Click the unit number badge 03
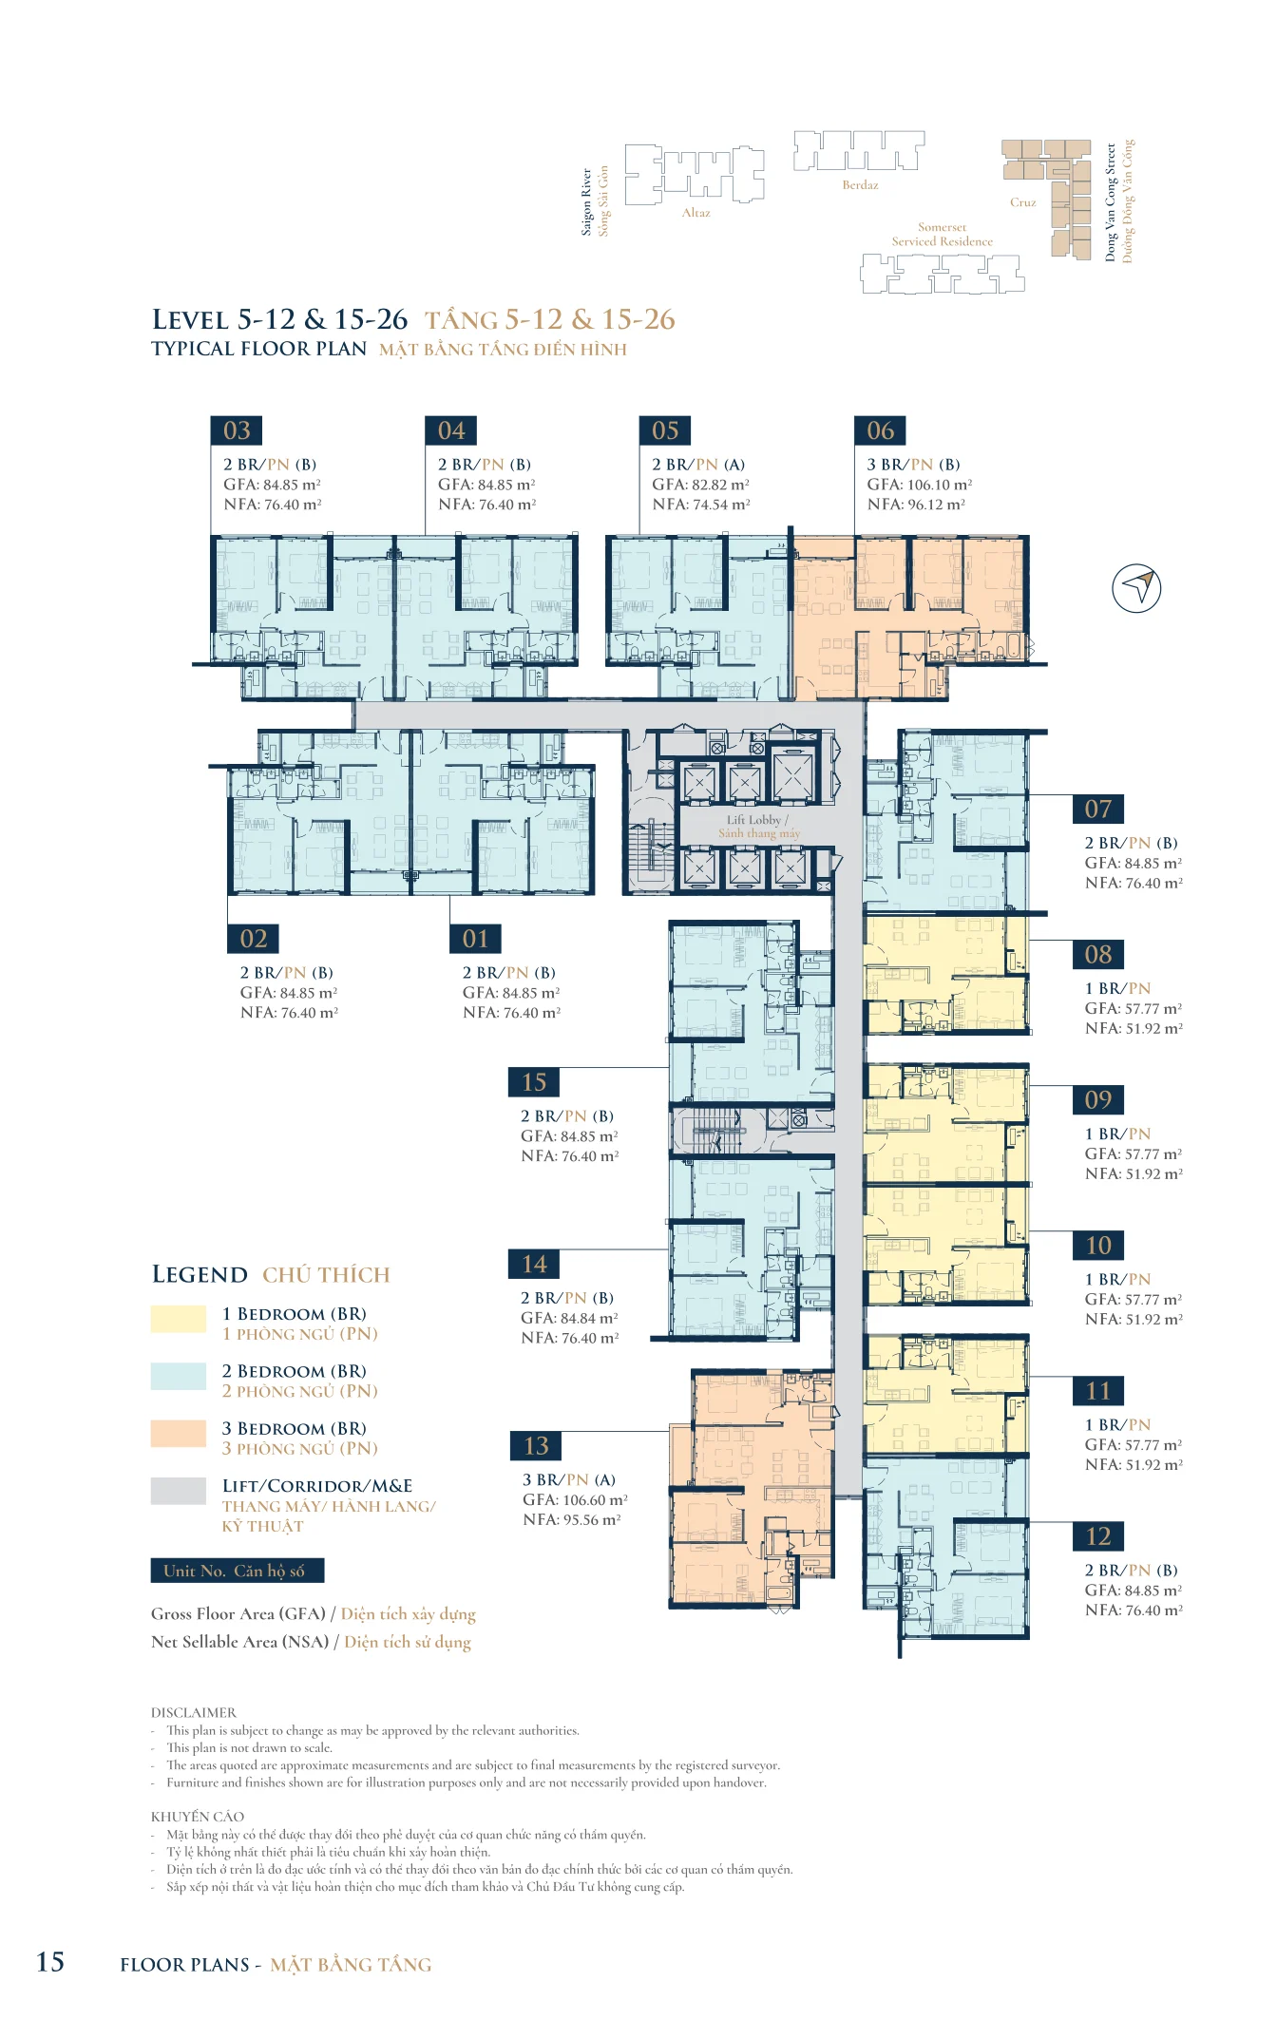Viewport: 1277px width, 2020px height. coord(237,430)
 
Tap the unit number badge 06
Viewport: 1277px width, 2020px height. coord(880,430)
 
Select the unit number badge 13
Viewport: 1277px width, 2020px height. coord(536,1445)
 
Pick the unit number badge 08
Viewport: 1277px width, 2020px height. coord(1098,954)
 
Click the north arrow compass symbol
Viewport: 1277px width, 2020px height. coord(1136,588)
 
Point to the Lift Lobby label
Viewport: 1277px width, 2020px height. coord(757,820)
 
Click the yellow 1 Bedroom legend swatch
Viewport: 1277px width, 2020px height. coord(179,1319)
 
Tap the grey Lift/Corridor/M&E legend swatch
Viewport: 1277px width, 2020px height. coord(179,1491)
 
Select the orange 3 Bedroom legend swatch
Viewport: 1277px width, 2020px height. coord(179,1434)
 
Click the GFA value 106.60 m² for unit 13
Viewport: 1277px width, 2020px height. coord(596,1499)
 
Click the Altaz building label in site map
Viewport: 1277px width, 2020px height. coord(696,213)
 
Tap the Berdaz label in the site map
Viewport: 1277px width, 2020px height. coord(860,185)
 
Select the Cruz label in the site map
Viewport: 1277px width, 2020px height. coord(1023,202)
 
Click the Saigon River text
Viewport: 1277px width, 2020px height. coord(586,202)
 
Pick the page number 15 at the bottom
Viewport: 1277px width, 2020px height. coord(50,1962)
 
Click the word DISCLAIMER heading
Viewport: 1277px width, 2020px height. coord(194,1712)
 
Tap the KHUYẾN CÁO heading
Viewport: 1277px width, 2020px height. coord(198,1817)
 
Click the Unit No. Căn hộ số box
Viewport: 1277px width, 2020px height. coord(238,1571)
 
